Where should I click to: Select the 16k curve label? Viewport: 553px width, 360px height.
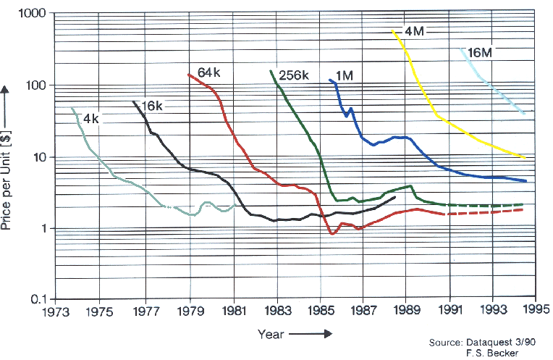153,106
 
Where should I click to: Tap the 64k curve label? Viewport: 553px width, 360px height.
208,72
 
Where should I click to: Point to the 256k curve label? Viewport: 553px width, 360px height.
295,75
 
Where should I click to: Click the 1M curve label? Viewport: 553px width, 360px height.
345,75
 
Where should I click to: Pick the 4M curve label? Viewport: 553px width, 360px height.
415,31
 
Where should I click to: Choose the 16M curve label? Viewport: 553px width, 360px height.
480,52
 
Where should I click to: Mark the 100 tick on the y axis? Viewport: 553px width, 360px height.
37,85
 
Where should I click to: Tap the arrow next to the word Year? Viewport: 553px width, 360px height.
308,334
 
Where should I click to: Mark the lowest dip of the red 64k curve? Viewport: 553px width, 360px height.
332,234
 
